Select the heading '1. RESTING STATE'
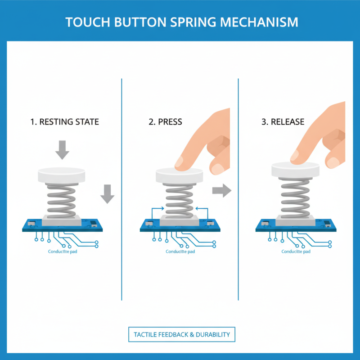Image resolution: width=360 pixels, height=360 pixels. tap(65, 122)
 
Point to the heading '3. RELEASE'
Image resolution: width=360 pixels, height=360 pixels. tap(283, 122)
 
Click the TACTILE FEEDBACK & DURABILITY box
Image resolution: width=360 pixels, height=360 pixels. tap(181, 334)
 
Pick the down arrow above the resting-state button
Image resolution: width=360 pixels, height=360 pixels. tap(62, 149)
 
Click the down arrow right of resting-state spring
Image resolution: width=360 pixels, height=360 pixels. tap(107, 193)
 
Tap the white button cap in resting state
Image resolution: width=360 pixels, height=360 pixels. tap(62, 174)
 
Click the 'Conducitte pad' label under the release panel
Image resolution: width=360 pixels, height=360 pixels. tap(296, 252)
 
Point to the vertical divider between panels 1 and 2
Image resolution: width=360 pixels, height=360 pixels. tap(122, 189)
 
